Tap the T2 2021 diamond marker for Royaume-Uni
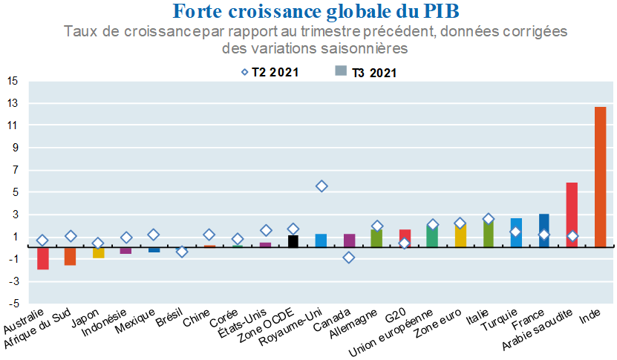point(321,186)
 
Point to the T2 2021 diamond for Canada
point(349,258)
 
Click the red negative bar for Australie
point(43,258)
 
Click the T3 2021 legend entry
point(365,72)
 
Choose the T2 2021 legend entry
point(267,72)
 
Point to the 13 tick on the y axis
point(13,103)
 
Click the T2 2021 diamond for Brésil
point(182,252)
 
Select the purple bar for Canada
point(349,240)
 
